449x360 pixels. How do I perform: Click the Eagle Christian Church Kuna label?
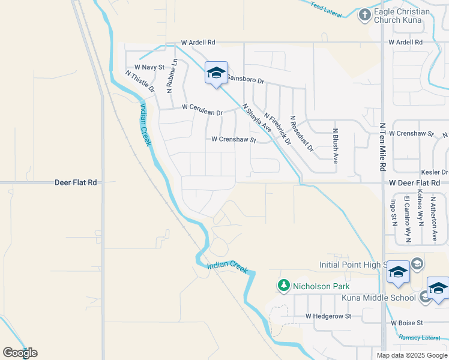click(402, 16)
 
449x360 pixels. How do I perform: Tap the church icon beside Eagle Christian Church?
click(364, 14)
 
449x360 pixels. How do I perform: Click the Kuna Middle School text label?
click(378, 298)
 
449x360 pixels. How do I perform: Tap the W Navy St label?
click(149, 67)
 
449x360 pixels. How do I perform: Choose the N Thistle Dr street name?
click(140, 81)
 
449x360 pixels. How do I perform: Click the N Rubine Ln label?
click(172, 76)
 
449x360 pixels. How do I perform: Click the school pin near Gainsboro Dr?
click(216, 74)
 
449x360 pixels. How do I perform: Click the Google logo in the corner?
click(20, 352)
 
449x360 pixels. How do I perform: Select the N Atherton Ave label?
click(433, 219)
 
